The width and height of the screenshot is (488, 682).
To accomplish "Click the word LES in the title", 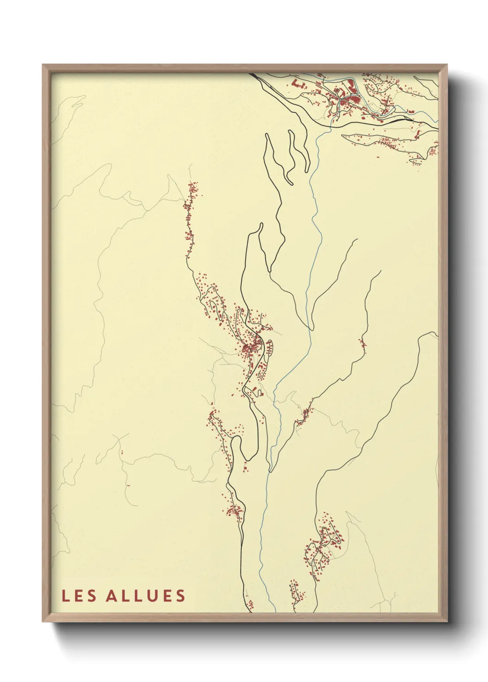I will pos(79,596).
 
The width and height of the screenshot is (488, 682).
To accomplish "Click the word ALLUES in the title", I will pos(146,596).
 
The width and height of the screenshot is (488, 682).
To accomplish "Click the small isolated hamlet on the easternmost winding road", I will pos(362,342).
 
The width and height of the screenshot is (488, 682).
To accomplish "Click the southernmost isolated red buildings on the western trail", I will pos(128,485).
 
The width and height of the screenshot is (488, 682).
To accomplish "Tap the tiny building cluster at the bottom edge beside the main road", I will pos(250,604).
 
